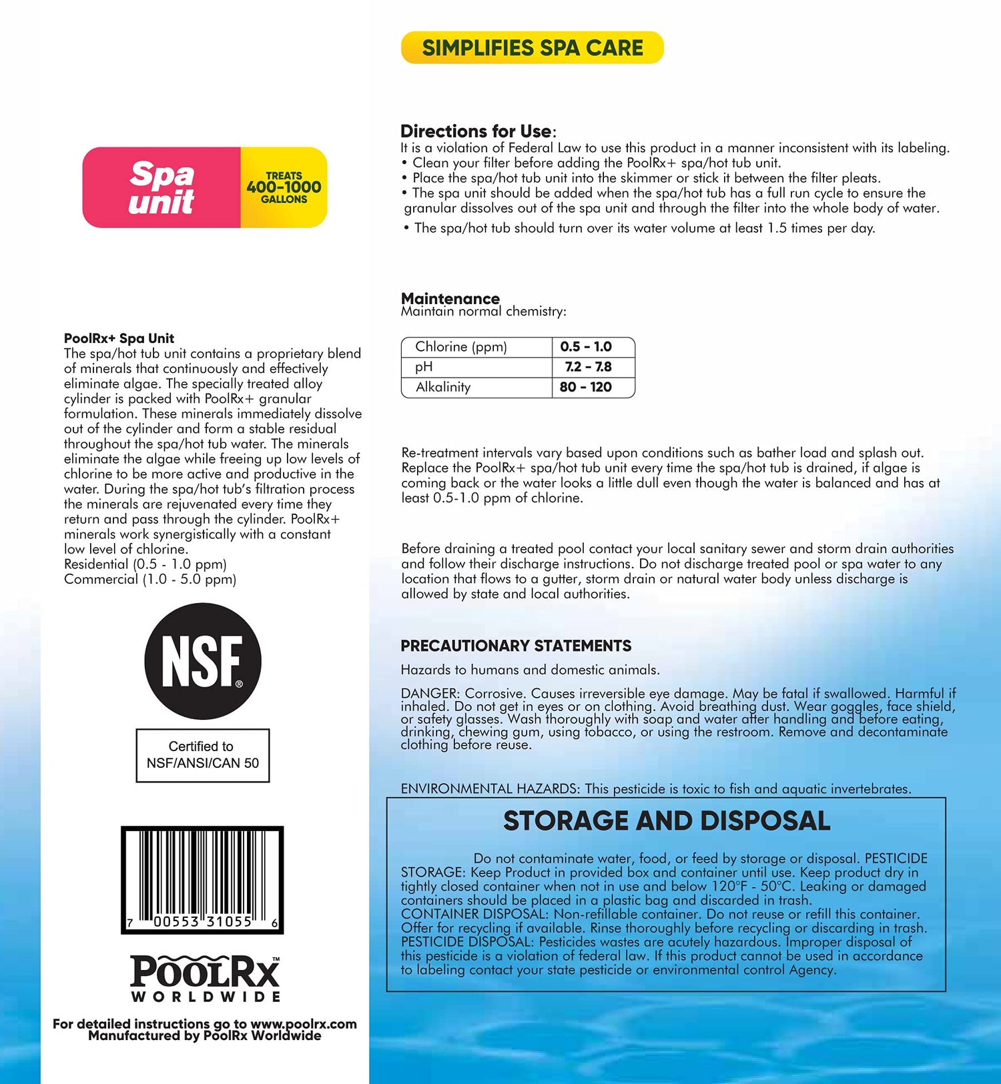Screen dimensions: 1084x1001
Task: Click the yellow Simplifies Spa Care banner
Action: (x=532, y=48)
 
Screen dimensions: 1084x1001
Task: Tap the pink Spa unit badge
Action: (x=161, y=187)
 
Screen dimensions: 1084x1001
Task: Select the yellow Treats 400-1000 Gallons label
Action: (x=284, y=187)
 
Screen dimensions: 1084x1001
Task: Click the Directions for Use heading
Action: (x=476, y=131)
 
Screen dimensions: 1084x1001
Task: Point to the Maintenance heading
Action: (x=450, y=298)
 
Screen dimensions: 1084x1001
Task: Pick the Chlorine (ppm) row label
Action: (x=461, y=347)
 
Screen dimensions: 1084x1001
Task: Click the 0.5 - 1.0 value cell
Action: (x=586, y=347)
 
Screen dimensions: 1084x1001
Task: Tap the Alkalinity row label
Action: (x=443, y=387)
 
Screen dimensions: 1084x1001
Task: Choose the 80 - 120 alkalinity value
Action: (x=586, y=387)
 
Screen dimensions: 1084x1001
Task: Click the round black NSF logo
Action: (x=203, y=661)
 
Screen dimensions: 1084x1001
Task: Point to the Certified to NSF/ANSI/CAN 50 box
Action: (x=203, y=755)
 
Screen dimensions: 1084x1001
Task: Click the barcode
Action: (x=202, y=879)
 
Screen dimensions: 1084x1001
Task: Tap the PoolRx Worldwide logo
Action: (x=206, y=979)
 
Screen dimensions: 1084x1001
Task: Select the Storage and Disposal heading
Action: (x=667, y=821)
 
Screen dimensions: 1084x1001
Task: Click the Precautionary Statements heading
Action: (x=516, y=646)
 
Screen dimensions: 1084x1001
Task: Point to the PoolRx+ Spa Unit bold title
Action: (x=119, y=338)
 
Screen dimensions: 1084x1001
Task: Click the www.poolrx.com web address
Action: (x=304, y=1024)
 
